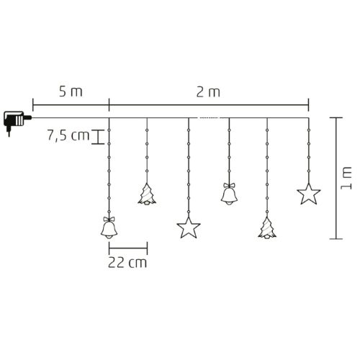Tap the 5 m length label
point(69,92)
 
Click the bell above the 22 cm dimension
point(108,228)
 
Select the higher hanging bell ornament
point(230,195)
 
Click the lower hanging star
point(188,228)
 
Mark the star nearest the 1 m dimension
point(308,193)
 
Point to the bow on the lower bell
point(108,217)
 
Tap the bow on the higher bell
point(230,184)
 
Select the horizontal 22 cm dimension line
point(127,246)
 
